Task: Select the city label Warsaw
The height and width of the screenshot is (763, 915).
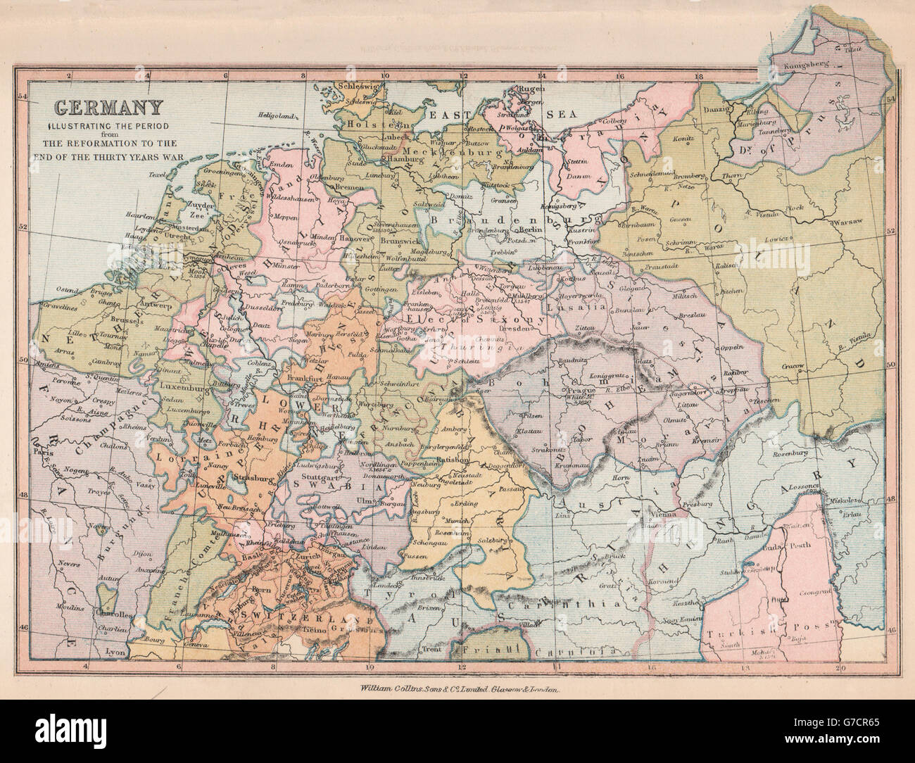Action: pyautogui.click(x=847, y=222)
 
